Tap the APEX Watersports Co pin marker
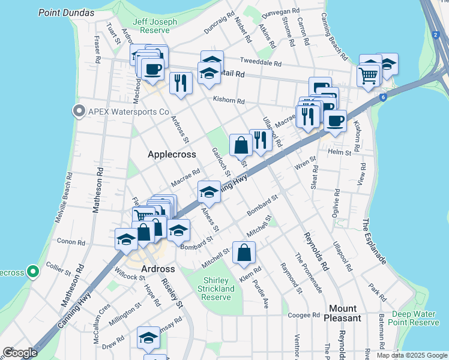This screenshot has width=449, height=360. [78, 111]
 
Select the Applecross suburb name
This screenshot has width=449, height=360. [172, 154]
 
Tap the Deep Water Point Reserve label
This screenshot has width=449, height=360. [415, 318]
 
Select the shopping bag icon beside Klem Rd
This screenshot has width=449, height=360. [244, 253]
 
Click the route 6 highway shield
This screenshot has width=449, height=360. [382, 97]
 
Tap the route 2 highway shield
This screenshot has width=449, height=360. [435, 35]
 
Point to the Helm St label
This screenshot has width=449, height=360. [339, 152]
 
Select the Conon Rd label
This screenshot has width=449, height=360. [71, 242]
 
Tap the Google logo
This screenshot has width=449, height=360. [20, 353]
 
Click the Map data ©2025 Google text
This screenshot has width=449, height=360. [411, 355]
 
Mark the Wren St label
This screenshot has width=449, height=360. [305, 162]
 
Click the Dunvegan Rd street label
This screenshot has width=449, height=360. [285, 11]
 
